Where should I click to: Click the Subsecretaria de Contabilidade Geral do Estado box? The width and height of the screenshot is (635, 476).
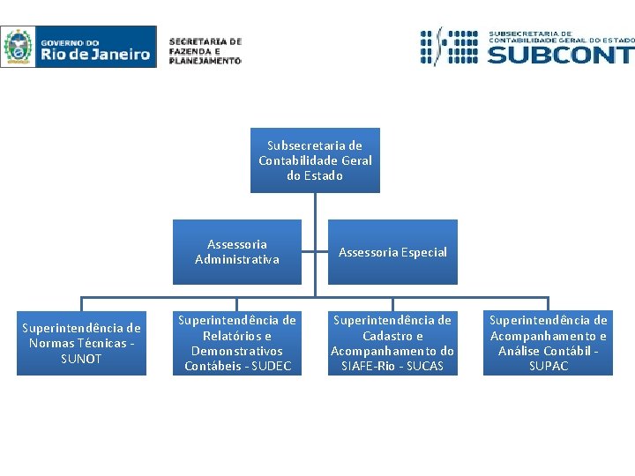(315, 160)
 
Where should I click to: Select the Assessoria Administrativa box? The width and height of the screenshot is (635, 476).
(236, 252)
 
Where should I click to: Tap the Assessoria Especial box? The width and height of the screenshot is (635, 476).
(392, 252)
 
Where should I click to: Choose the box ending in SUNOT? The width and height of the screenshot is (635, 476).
(81, 343)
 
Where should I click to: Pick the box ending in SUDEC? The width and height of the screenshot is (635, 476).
(236, 343)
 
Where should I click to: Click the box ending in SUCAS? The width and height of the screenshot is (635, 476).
(392, 343)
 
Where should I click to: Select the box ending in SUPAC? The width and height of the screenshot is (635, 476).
(548, 343)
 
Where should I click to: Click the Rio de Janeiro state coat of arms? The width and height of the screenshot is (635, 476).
(18, 47)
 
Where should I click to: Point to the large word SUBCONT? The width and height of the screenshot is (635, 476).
(560, 55)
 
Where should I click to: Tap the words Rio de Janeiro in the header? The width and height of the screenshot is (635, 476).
(95, 54)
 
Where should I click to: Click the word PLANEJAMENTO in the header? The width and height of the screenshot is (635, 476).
(205, 61)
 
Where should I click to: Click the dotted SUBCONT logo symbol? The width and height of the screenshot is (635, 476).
(450, 47)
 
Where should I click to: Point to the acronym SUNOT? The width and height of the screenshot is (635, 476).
(81, 359)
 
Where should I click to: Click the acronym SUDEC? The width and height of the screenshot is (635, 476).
(271, 367)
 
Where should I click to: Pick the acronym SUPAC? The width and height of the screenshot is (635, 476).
(548, 367)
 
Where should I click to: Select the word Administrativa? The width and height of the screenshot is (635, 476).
(236, 259)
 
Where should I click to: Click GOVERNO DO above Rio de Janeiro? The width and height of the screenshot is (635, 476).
(70, 41)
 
